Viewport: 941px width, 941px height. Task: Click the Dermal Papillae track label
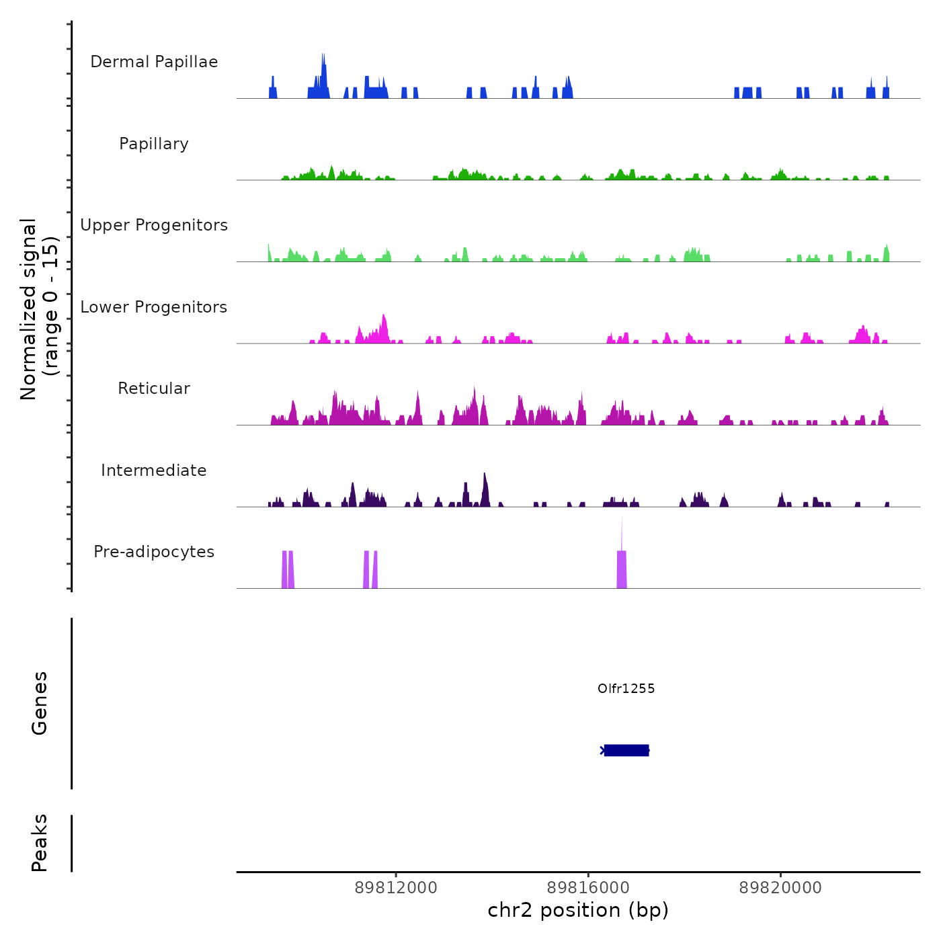(154, 62)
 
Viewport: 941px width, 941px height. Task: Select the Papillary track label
(154, 144)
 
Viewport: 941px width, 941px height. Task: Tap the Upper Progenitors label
(154, 225)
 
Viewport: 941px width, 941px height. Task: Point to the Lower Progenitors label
(154, 307)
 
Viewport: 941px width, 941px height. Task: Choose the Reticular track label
(154, 388)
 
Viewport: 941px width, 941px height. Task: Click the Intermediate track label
(154, 470)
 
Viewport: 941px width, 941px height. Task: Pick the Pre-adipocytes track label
(154, 552)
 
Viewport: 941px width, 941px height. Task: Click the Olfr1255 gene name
(626, 688)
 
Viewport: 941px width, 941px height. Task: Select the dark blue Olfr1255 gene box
(626, 750)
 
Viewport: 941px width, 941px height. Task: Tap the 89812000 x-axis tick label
(396, 888)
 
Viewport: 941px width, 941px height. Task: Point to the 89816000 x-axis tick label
(588, 888)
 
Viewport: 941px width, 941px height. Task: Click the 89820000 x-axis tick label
(780, 888)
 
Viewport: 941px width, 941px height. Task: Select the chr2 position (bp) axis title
(578, 910)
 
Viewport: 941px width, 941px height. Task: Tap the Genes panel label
(39, 703)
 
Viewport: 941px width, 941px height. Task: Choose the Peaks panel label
(39, 843)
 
